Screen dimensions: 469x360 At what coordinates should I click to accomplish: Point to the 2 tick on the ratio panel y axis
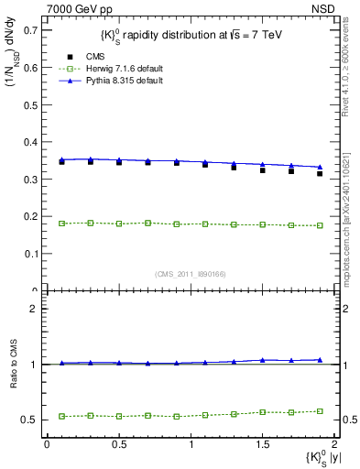coord(36,309)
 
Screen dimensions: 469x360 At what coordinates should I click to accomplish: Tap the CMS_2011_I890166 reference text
coord(191,274)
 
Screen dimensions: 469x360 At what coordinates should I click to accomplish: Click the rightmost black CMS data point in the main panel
coord(320,173)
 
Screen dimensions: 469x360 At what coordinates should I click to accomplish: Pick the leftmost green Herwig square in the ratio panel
coord(61,416)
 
